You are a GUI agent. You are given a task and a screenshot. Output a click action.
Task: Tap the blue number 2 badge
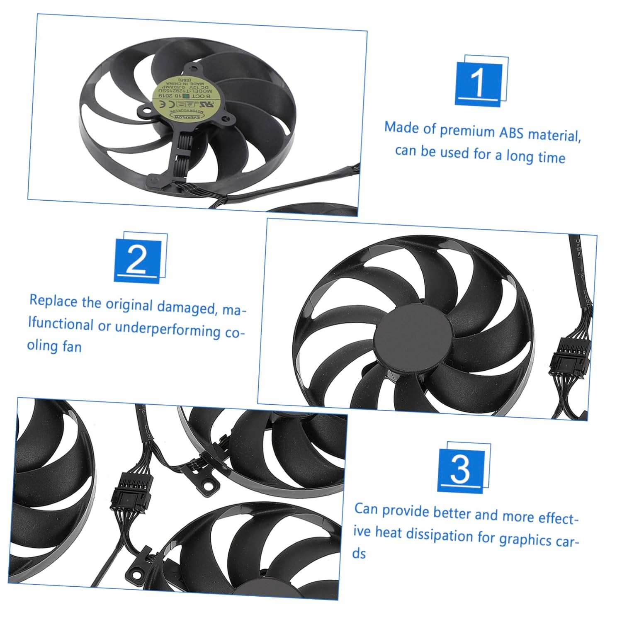point(137,260)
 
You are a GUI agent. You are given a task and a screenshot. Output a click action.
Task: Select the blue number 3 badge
point(461,469)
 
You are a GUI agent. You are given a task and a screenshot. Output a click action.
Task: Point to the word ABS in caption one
point(511,133)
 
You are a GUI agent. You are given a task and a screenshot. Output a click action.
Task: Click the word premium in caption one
point(467,131)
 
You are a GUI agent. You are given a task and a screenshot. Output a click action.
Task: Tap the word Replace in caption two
point(53,301)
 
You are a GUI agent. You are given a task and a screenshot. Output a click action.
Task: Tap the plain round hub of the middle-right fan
point(413,335)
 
